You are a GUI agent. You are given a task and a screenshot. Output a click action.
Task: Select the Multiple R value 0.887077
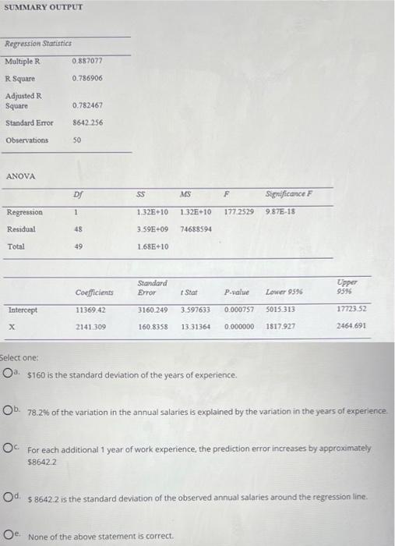(87, 60)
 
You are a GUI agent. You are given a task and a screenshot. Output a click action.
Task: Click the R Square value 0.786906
(87, 78)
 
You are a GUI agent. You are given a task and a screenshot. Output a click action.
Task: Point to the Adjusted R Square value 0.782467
(87, 105)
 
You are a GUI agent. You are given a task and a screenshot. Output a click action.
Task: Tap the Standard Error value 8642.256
(87, 122)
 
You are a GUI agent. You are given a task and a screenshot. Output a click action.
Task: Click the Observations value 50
(77, 140)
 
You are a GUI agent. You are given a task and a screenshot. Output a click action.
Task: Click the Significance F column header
(288, 195)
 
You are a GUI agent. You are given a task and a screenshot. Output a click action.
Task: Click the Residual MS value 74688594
(196, 229)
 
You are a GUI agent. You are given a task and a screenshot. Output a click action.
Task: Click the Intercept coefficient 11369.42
(90, 310)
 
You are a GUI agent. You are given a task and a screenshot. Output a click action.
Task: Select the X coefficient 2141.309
(90, 327)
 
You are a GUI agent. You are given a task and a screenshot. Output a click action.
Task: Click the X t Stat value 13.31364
(196, 327)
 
